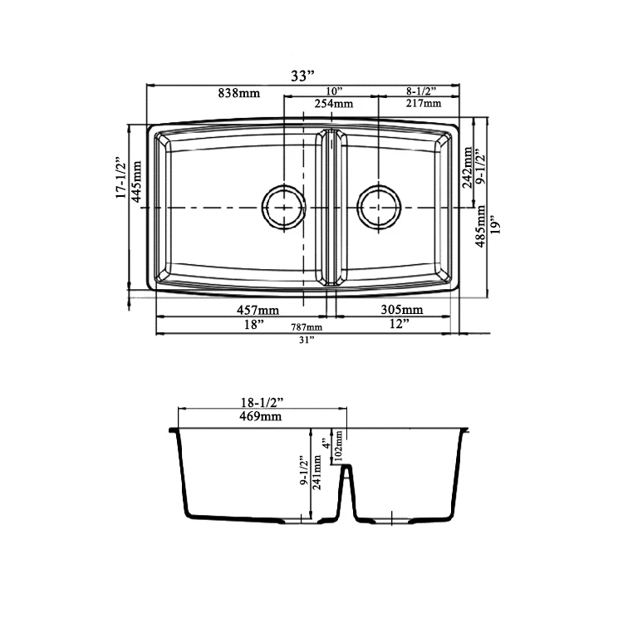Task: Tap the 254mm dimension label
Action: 332,104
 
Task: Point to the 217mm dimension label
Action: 424,104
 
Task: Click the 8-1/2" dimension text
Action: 423,91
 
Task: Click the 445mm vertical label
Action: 136,180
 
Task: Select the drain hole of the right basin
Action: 380,205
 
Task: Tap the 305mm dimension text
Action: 403,310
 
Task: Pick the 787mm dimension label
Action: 306,328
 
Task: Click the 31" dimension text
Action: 307,341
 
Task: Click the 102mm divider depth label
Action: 340,449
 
